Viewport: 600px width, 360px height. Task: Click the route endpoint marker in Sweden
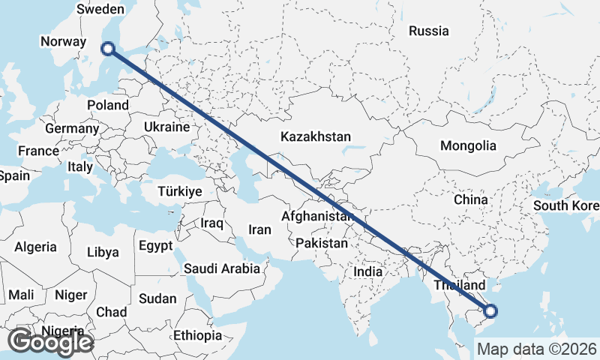point(108,49)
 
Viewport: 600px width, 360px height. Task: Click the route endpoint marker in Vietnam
point(490,310)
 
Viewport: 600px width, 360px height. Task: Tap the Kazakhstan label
point(316,136)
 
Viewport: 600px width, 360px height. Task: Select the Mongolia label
point(469,145)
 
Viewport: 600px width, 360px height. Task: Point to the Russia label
point(429,31)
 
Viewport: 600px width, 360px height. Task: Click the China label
point(471,199)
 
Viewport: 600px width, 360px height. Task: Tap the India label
point(368,272)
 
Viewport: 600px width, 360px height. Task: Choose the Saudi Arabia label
point(222,268)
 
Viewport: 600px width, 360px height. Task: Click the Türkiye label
point(180,192)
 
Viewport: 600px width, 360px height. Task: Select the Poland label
point(108,106)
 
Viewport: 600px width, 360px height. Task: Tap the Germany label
point(72,128)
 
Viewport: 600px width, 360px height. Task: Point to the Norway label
point(64,42)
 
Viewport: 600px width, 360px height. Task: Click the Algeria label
point(36,246)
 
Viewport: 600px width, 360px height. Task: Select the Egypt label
point(156,245)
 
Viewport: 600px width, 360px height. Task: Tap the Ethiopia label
point(197,335)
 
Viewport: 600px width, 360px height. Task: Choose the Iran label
point(259,229)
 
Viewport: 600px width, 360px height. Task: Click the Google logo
point(49,342)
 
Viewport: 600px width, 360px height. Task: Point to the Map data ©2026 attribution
point(537,349)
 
